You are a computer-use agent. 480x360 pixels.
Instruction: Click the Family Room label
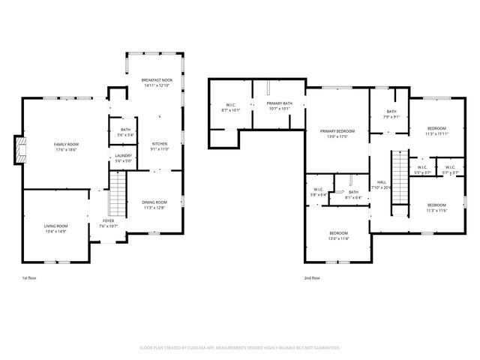[65, 146]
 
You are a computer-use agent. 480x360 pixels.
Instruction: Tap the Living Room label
[55, 228]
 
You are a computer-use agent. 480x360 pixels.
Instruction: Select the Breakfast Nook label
[157, 82]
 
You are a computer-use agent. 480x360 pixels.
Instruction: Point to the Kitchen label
[160, 146]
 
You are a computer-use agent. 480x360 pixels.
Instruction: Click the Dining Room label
[154, 205]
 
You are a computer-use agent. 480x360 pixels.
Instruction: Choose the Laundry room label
[124, 157]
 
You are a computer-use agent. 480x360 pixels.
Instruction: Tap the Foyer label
[108, 223]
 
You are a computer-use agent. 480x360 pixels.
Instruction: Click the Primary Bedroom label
[337, 133]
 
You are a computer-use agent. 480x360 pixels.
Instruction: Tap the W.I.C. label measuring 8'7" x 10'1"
[230, 107]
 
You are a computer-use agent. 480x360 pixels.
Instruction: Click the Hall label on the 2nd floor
[382, 184]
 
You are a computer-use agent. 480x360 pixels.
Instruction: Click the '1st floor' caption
[29, 277]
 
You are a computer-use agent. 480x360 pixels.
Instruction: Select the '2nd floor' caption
[312, 277]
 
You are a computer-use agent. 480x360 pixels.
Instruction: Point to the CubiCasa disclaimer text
[240, 347]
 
